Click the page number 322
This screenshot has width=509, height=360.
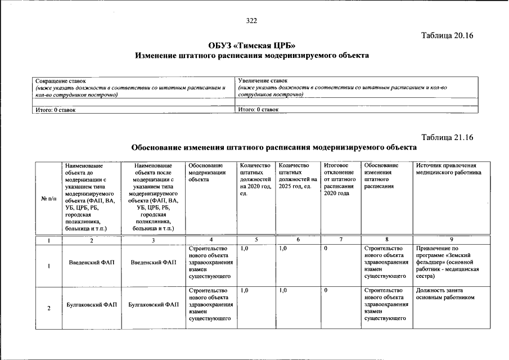point(251,21)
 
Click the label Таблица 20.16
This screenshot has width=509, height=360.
point(448,35)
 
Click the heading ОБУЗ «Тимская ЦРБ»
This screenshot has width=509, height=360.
point(251,46)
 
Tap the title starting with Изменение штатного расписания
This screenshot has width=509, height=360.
point(251,56)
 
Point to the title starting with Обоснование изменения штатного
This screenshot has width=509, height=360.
point(274,147)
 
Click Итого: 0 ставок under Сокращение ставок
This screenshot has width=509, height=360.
point(55,110)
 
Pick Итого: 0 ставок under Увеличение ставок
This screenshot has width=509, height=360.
point(258,110)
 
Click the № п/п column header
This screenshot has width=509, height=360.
point(49,198)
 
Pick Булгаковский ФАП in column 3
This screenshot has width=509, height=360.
point(154,305)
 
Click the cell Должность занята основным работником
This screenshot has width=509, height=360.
point(444,294)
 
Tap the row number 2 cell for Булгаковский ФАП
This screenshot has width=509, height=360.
point(49,308)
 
